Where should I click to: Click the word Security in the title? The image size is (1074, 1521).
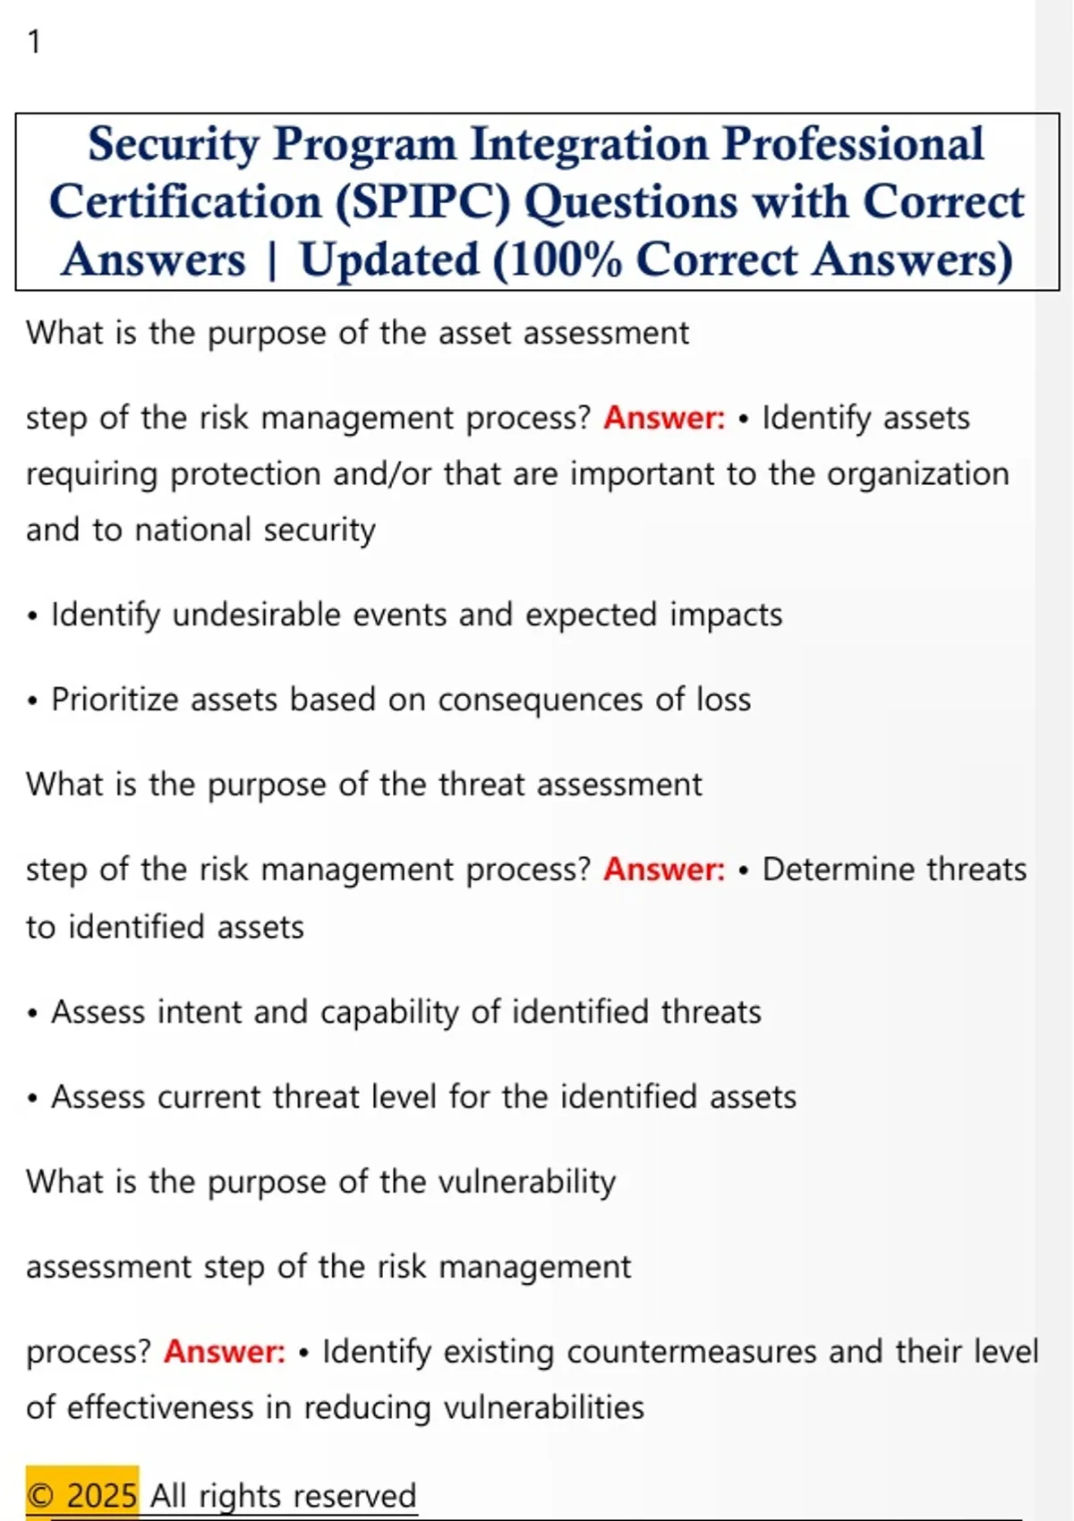click(174, 145)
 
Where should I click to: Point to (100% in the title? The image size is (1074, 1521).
click(557, 260)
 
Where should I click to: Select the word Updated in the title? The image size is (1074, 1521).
click(389, 260)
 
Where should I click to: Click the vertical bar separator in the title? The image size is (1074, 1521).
click(272, 261)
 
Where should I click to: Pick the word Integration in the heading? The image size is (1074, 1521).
click(589, 144)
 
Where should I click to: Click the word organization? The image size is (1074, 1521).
click(917, 474)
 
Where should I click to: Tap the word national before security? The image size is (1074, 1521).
click(193, 530)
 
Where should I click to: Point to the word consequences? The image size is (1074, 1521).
click(540, 701)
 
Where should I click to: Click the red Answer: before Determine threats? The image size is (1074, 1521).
click(664, 869)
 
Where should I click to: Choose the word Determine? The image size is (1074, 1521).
click(839, 869)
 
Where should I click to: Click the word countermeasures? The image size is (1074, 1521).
click(692, 1351)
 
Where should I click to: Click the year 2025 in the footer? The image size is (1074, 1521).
click(103, 1496)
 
